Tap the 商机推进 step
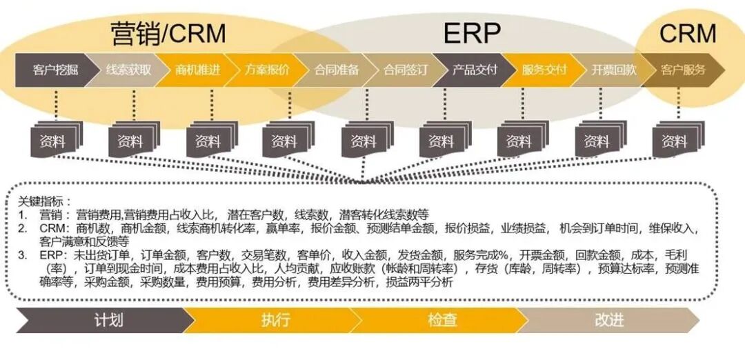pos(198,70)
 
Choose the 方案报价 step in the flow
pos(267,70)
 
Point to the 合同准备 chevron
pos(337,70)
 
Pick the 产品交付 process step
pos(475,70)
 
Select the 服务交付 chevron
pos(544,70)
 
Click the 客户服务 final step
pos(682,70)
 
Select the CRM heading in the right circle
pos(688,32)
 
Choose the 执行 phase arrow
pos(275,321)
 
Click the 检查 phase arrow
pos(442,321)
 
